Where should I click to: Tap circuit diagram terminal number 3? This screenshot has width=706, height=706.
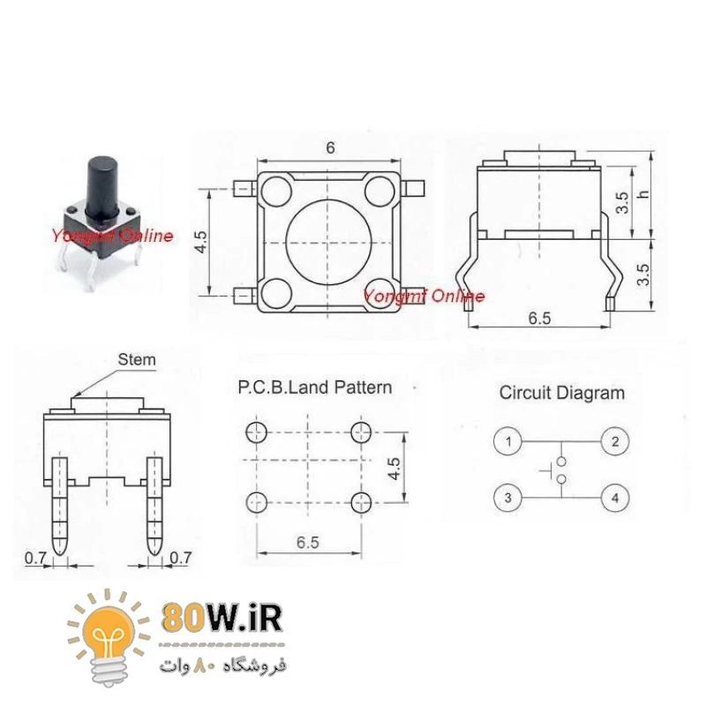click(x=508, y=499)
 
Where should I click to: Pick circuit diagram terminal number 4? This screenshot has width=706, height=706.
click(x=615, y=499)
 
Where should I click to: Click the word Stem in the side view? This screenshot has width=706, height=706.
click(x=136, y=359)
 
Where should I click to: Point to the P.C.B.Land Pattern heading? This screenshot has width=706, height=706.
click(x=315, y=387)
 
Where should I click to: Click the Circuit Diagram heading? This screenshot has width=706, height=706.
click(x=561, y=393)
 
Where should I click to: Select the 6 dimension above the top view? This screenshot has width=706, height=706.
click(x=330, y=148)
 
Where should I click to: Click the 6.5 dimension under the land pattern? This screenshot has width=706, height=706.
click(x=307, y=543)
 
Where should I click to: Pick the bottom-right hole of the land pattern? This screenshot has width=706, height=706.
click(x=360, y=503)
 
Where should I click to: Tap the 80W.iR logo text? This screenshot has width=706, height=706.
click(x=222, y=619)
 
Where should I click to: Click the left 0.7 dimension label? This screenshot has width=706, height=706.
click(x=34, y=558)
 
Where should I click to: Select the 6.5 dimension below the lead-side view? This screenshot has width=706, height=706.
click(x=540, y=319)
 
